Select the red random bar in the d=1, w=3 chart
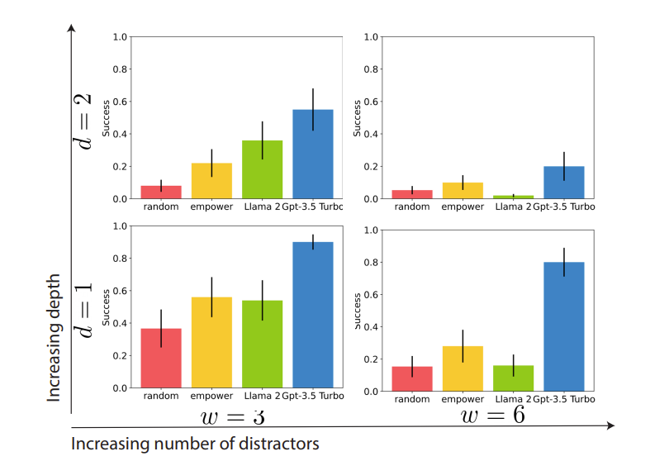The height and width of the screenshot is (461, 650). click(x=160, y=359)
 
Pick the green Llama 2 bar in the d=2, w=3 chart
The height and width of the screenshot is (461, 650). click(x=262, y=170)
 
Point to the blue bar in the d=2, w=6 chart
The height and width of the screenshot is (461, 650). click(x=564, y=183)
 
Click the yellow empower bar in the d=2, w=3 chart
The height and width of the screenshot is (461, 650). click(x=211, y=181)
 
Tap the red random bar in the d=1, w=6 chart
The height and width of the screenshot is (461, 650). click(x=412, y=378)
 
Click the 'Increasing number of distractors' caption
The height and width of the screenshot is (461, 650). click(x=195, y=444)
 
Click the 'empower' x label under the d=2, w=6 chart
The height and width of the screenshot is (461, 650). click(x=463, y=207)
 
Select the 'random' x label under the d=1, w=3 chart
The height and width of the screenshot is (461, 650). click(x=160, y=396)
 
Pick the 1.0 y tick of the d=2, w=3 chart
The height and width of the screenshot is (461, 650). click(x=120, y=37)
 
